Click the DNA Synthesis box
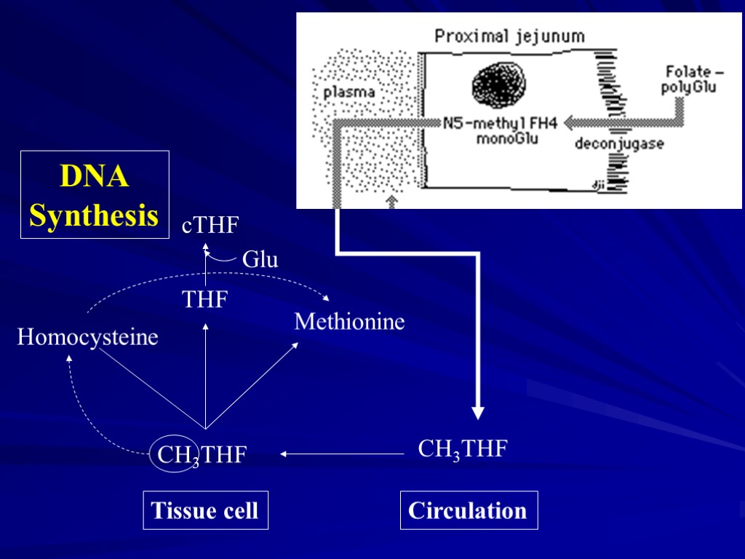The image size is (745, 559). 95,195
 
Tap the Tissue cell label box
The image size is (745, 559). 205,510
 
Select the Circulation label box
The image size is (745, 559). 469,510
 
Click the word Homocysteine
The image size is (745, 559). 88,338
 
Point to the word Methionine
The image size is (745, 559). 349,321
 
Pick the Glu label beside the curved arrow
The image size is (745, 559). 260,260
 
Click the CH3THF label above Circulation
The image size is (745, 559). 462,449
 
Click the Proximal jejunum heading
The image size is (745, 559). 509,36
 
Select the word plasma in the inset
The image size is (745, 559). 349,92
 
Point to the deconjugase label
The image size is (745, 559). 619,144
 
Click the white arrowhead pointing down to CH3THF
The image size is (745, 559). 477,413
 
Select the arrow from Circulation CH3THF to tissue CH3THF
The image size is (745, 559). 342,454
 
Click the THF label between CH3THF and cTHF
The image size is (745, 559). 205,299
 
